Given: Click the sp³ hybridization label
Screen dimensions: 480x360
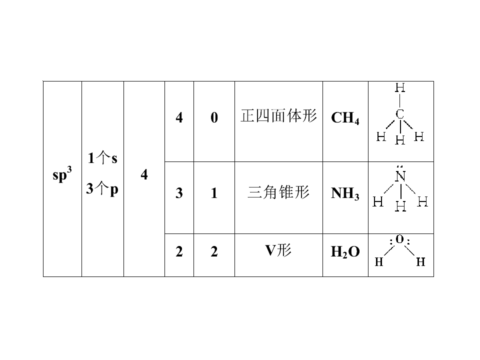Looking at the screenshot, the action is [62, 174].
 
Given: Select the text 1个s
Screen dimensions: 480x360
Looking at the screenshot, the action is [102, 158].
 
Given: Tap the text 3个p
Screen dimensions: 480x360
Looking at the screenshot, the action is [102, 188].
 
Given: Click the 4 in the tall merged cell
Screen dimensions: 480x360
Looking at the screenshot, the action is [144, 174].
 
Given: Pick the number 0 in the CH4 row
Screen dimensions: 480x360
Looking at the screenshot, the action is [214, 117].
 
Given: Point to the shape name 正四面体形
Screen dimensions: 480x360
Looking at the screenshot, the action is [278, 116].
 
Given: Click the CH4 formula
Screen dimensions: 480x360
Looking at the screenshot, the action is [345, 118].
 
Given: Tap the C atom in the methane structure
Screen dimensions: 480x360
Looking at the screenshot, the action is [400, 114].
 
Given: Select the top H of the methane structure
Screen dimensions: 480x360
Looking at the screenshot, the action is [400, 88].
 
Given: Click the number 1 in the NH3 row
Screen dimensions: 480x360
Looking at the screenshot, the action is [214, 193].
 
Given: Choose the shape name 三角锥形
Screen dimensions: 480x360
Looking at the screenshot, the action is [278, 192].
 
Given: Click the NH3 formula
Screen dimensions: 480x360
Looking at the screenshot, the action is [345, 193].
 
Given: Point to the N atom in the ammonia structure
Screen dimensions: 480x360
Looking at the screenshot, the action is [400, 176].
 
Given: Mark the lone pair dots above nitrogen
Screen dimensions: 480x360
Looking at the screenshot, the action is [400, 167].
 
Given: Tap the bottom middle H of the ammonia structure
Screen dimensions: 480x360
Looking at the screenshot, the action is [400, 206].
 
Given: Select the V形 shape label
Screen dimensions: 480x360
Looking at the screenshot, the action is [278, 250].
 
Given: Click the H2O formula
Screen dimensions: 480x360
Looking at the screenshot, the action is [345, 252].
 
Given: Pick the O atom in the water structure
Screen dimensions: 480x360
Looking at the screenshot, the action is [400, 239].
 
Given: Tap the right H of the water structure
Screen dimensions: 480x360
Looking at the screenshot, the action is [420, 261].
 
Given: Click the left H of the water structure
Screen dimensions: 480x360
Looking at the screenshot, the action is [379, 261].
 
